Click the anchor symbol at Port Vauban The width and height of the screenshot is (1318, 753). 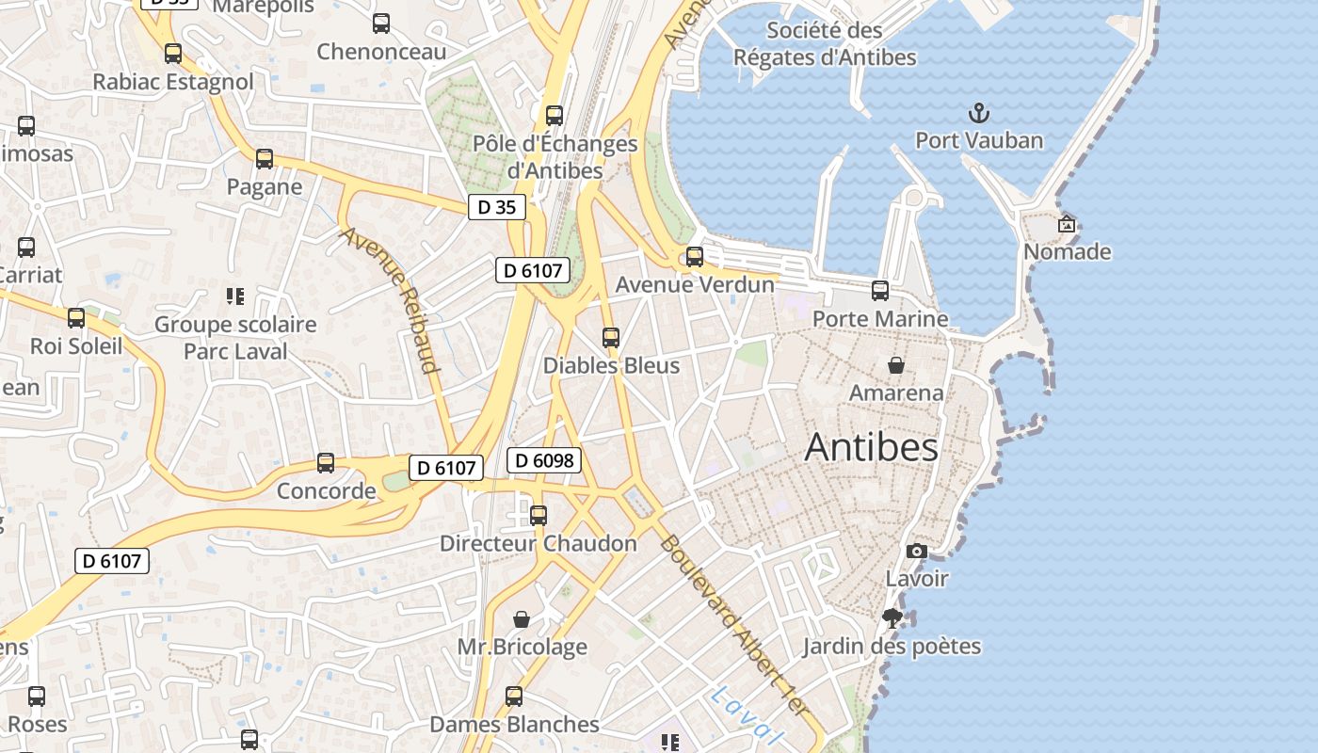click(x=980, y=114)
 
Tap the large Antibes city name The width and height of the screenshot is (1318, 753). click(x=871, y=447)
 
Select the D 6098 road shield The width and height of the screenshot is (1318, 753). click(x=544, y=460)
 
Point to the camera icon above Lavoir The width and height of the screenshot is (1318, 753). click(x=916, y=551)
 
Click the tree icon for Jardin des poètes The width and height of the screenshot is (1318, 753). click(x=892, y=618)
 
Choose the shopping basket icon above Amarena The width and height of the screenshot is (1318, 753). click(x=896, y=364)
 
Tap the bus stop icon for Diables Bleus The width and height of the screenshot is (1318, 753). click(x=611, y=337)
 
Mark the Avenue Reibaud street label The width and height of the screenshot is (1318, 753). click(x=391, y=299)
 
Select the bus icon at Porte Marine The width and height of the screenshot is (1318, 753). click(x=880, y=291)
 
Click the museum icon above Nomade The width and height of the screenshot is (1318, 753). click(x=1067, y=224)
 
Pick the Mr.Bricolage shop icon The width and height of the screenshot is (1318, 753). click(x=522, y=619)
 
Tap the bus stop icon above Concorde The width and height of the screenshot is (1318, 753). click(x=326, y=462)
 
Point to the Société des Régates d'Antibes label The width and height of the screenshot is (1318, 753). click(x=825, y=43)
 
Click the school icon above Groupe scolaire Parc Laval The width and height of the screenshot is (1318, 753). click(x=235, y=296)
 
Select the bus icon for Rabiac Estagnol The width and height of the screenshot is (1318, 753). click(x=173, y=54)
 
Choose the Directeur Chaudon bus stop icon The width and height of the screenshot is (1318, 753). click(x=538, y=515)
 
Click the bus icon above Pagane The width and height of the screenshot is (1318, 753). click(x=265, y=158)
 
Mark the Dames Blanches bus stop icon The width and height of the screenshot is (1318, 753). click(x=514, y=696)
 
